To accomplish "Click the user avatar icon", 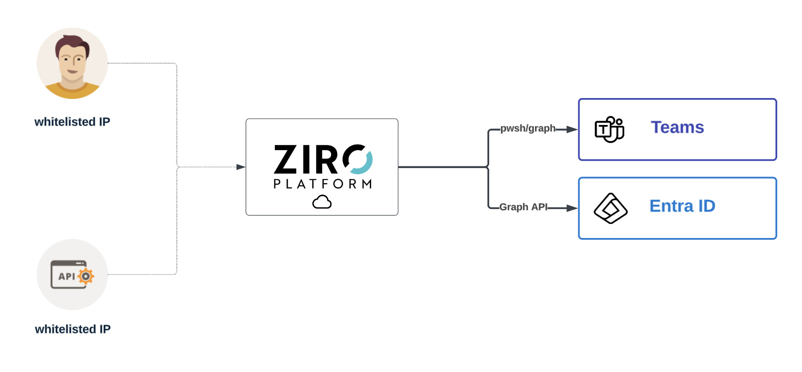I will coord(72,64).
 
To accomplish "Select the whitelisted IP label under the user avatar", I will coord(72,122).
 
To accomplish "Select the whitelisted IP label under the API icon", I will coord(72,329).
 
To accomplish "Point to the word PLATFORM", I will coord(322,184).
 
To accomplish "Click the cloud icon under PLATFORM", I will coord(322,202).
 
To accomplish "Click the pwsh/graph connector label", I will coord(528,128).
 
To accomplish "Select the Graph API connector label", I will coord(523,207).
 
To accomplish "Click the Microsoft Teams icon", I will coord(609,129).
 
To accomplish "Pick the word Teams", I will coord(677,128).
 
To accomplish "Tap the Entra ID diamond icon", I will coord(610,208).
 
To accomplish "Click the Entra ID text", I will coord(682,206).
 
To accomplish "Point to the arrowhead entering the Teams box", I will coord(572,129).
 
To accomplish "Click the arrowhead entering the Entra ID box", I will coord(572,208).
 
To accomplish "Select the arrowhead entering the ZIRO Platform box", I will coord(241,167).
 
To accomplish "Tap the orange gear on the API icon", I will coord(86,276).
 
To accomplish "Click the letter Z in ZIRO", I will coord(286,160).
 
